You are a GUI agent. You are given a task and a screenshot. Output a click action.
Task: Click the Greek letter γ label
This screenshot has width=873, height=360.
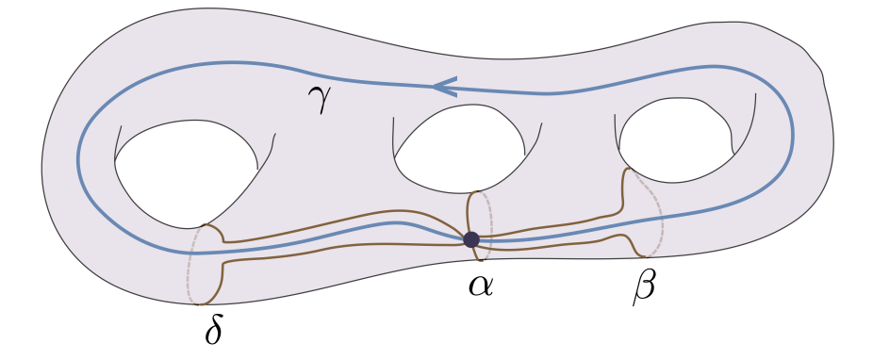pyautogui.click(x=321, y=98)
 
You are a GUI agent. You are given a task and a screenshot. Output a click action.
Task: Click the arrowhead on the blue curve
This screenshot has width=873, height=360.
pyautogui.click(x=444, y=87)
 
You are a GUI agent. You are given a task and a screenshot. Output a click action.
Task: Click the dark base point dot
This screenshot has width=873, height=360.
pyautogui.click(x=471, y=239)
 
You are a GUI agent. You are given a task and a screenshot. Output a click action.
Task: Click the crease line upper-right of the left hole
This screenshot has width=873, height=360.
pyautogui.click(x=272, y=145)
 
